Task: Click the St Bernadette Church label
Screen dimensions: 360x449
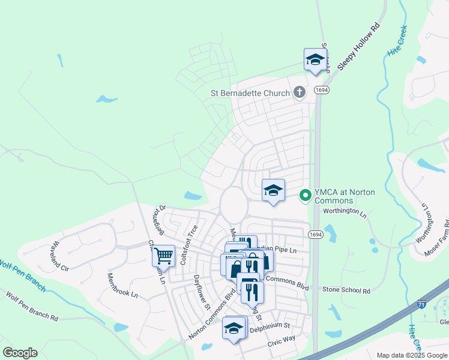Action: (250, 93)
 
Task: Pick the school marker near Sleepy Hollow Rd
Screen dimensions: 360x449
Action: (315, 59)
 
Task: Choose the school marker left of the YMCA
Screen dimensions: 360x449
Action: (273, 190)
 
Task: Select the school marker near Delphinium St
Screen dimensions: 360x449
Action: (234, 328)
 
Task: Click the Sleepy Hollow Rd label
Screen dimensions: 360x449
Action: (359, 47)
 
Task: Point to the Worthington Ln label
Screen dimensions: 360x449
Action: (344, 211)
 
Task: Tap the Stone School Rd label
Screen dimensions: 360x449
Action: (346, 290)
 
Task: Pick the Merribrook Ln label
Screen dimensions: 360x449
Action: (122, 286)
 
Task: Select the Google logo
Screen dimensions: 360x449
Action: (20, 353)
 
